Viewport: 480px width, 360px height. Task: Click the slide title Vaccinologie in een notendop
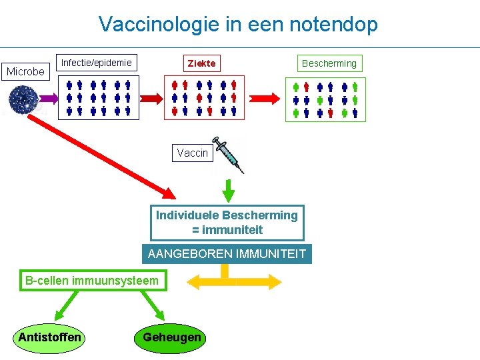point(238,25)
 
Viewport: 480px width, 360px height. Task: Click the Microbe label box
point(25,71)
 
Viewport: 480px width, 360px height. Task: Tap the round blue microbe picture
point(23,99)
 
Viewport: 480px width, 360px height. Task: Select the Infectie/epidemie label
point(97,63)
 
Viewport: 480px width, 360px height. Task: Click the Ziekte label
point(201,63)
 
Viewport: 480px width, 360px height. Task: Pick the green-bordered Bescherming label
point(329,63)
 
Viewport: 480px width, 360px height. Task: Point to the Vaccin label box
point(192,153)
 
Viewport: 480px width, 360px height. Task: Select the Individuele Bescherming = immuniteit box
point(227,223)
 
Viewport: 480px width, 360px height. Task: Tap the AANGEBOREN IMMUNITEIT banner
point(227,254)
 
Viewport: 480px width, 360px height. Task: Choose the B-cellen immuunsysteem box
point(92,281)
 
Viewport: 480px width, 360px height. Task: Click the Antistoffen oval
point(49,337)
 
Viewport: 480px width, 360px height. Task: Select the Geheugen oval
point(171,337)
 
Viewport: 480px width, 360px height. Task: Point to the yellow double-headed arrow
point(235,282)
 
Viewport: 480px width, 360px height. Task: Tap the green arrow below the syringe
point(229,189)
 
